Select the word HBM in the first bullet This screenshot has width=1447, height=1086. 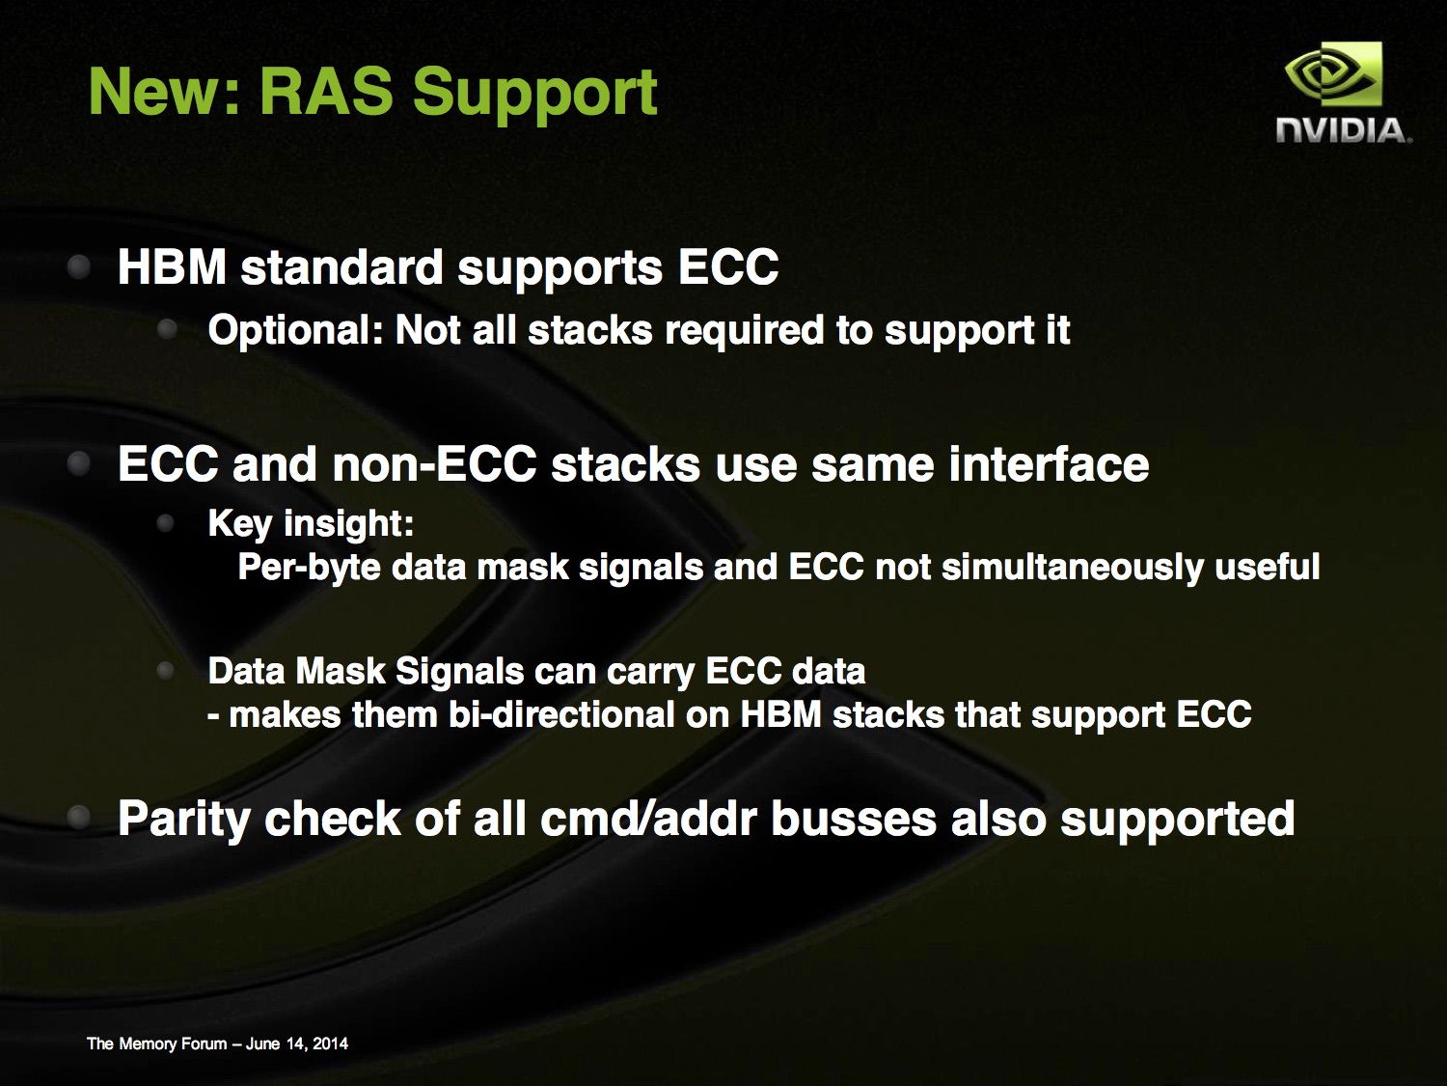[x=172, y=267]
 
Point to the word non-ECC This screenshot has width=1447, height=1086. [x=434, y=464]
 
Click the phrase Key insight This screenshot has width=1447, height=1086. [x=311, y=525]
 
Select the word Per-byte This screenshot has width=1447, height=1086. [x=309, y=568]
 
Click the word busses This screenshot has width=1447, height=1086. [x=854, y=819]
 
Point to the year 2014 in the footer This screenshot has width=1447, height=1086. [x=330, y=1044]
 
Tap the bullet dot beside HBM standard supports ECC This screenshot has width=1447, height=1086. [x=79, y=267]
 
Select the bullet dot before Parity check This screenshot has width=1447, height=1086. [x=79, y=817]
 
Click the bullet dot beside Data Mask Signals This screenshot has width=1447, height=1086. [x=166, y=671]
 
